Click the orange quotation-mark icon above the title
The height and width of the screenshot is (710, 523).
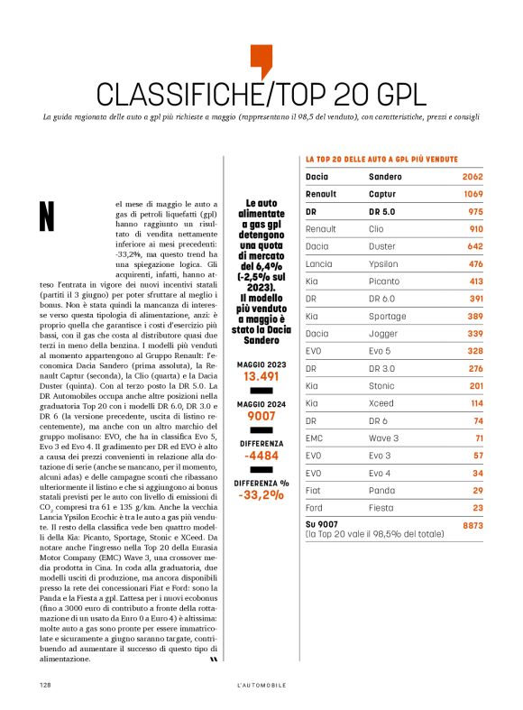point(261,60)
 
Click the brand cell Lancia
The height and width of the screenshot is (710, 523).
point(319,264)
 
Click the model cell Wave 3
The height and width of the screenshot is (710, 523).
point(386,438)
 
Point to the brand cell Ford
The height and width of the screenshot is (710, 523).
point(315,508)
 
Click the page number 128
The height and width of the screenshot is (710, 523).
point(44,685)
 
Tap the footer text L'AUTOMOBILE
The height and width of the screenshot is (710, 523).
point(261,686)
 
